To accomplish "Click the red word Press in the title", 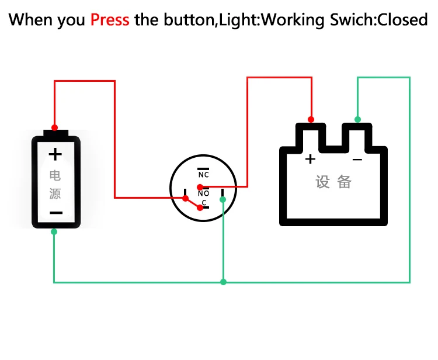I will (110, 20).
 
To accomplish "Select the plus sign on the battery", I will (55, 154).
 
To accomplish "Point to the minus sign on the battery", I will (55, 213).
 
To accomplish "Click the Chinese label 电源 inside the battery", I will (55, 184).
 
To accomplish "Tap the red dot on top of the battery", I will (55, 127).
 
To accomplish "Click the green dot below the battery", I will (54, 232).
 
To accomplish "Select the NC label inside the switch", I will (203, 175).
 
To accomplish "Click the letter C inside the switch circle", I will (204, 203).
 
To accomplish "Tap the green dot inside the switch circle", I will (223, 199).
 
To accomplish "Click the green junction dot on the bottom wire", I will (223, 282).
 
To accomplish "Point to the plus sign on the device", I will (310, 158).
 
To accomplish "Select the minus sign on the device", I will (357, 159).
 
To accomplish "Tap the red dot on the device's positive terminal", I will (311, 119).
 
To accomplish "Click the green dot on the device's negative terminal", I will (358, 119).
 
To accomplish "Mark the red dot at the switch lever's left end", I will (185, 199).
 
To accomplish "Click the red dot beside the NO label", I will (200, 187).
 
